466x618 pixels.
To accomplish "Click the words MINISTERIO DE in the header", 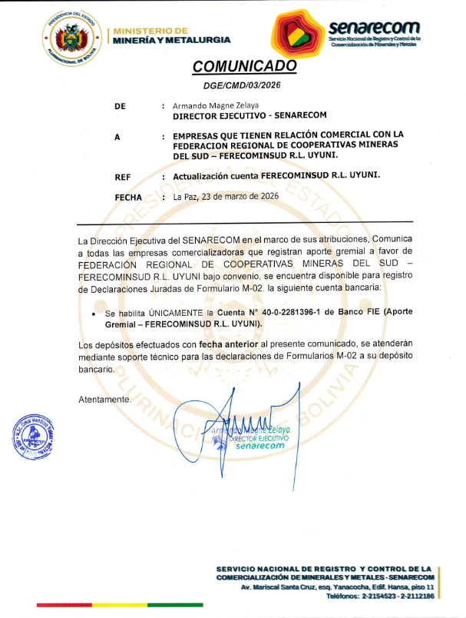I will tap(150, 30).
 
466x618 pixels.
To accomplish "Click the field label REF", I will tap(122, 177).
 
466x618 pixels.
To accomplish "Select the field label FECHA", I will tap(128, 197).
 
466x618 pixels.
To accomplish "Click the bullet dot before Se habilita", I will tap(93, 315).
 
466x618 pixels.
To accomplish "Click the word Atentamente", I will tap(105, 400).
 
